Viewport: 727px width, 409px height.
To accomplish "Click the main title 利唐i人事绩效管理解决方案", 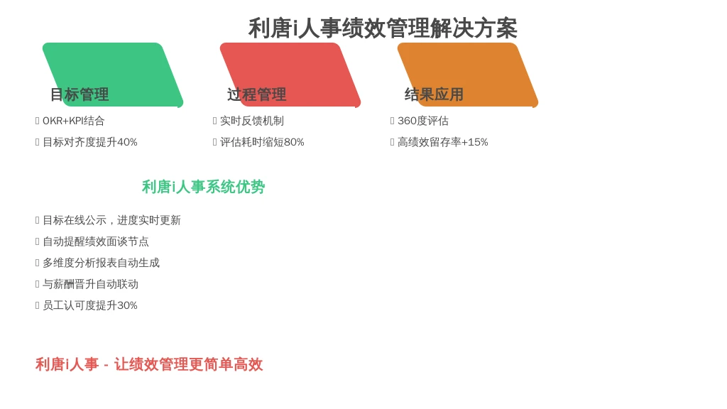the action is [x=383, y=28].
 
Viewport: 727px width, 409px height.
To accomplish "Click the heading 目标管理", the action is [x=80, y=94].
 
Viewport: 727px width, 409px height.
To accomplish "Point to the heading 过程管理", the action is [x=257, y=94].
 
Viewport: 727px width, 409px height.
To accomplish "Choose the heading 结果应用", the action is [x=434, y=94].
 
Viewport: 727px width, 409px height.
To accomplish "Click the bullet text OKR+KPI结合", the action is [x=74, y=121].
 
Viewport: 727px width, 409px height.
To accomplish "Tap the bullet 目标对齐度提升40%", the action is [x=90, y=142].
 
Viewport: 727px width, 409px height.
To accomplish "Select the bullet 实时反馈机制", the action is [x=252, y=121].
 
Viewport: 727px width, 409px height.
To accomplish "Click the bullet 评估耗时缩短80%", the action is [x=262, y=142].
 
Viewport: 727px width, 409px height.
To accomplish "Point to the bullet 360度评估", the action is [x=423, y=121].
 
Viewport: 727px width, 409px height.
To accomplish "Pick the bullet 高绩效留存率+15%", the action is [x=443, y=142].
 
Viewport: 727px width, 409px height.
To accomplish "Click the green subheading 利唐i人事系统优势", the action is [x=203, y=187].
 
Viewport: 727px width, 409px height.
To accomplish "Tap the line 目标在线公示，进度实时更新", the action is [x=111, y=220].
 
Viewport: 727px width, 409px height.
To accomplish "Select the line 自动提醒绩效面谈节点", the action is [x=96, y=241].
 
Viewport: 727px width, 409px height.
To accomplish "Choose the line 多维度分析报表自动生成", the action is [x=101, y=263].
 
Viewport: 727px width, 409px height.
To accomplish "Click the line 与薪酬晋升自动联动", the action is [x=90, y=284].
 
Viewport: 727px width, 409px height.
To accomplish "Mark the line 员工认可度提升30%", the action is [x=90, y=305].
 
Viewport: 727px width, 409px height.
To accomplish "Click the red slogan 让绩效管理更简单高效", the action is [x=189, y=364].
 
